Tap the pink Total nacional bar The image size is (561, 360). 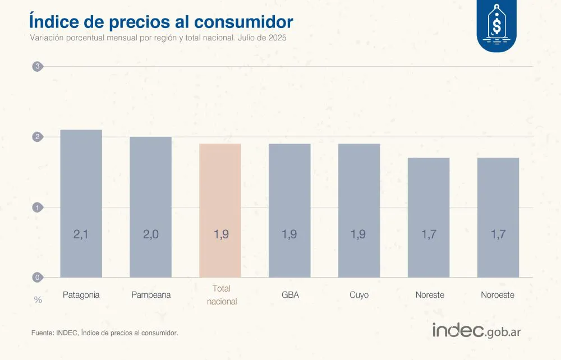[220, 210]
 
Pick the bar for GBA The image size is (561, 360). [289, 210]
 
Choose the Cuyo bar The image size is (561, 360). [359, 210]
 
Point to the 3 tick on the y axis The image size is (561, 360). [38, 67]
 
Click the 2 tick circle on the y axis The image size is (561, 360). [38, 137]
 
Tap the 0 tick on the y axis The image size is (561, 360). [38, 277]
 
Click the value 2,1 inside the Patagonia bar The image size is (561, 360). [81, 234]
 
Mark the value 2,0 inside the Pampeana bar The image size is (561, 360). [150, 234]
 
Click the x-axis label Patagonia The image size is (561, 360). [81, 295]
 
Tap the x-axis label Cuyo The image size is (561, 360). [359, 295]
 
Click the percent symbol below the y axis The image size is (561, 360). [38, 300]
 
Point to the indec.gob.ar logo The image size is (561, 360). [476, 331]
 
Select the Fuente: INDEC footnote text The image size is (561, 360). [104, 333]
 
